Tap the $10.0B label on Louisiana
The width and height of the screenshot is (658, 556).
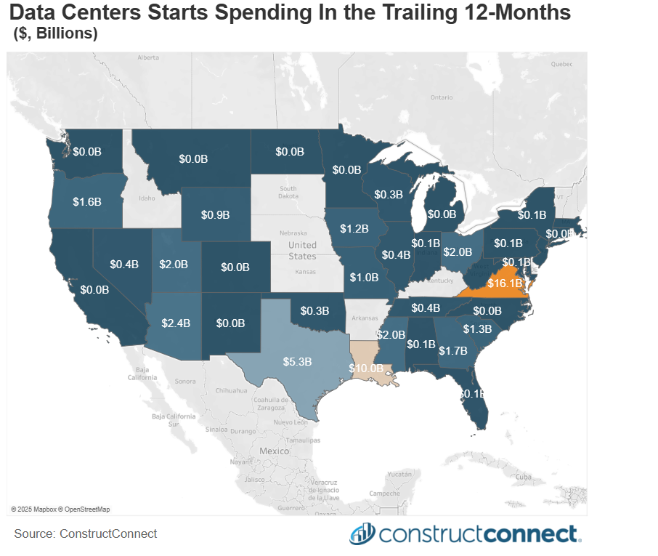366,368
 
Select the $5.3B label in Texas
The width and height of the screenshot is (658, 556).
297,360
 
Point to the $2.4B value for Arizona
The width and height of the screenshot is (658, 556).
176,323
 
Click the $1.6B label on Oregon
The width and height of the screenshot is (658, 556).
87,201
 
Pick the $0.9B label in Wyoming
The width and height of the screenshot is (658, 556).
215,214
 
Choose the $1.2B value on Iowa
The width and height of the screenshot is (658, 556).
355,229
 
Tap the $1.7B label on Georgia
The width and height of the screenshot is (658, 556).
453,350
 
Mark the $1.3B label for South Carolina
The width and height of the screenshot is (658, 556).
477,329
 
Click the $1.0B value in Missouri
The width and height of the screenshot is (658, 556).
364,277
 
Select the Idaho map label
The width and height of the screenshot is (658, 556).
147,198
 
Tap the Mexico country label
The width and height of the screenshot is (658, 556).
275,451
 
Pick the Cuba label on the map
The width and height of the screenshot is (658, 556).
524,477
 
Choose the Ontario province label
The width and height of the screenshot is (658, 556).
441,97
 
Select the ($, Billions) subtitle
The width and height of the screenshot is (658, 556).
55,33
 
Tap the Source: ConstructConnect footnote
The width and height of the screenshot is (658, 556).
86,533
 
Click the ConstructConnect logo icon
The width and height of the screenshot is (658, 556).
361,534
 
